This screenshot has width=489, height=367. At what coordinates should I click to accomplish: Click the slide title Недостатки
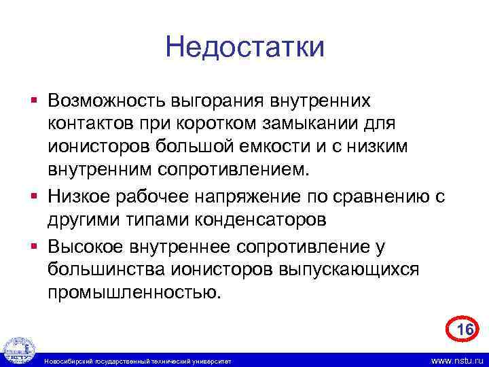[x=244, y=47]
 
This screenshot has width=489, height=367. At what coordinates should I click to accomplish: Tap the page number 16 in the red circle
[x=465, y=330]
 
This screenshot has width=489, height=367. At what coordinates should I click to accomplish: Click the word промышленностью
[x=134, y=293]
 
